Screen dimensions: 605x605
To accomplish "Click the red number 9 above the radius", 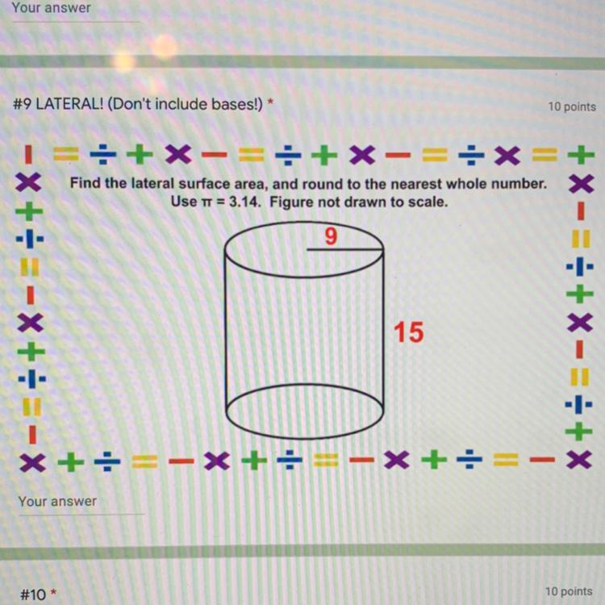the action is [x=331, y=236].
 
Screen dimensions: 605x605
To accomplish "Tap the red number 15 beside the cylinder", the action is [x=409, y=332].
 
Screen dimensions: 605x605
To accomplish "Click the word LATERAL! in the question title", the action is [x=69, y=104].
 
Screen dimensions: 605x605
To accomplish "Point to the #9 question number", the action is [x=22, y=104].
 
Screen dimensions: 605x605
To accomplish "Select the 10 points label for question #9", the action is [x=572, y=106].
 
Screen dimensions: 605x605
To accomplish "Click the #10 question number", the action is [x=33, y=595].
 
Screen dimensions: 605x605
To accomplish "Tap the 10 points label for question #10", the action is [x=569, y=591].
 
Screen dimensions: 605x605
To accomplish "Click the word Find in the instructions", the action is [x=85, y=183].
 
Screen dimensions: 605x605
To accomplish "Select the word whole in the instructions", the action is [x=469, y=184].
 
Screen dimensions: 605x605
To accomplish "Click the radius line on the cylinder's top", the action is [x=345, y=249].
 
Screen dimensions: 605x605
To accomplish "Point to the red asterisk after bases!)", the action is [x=270, y=102].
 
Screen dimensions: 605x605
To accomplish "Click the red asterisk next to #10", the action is [x=53, y=590].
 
